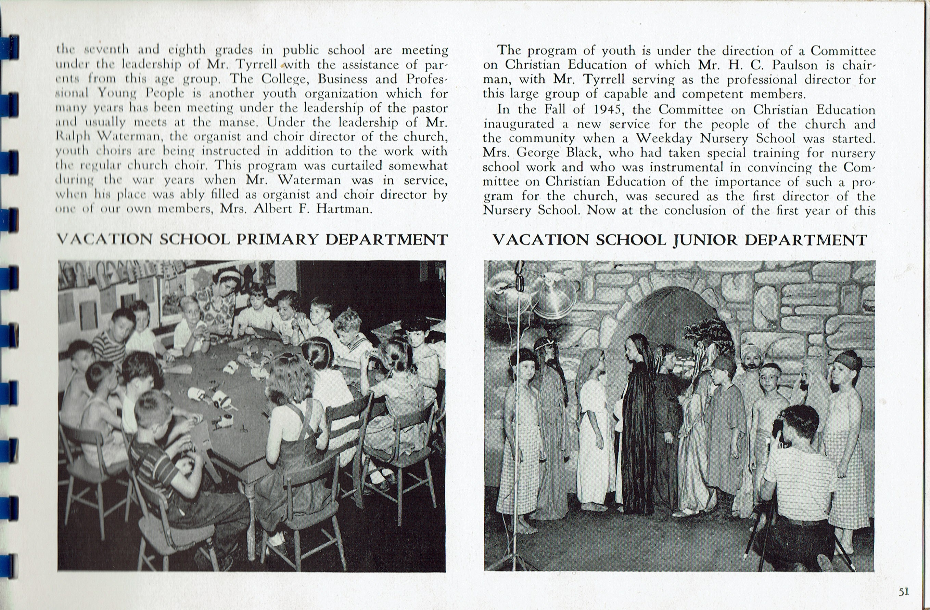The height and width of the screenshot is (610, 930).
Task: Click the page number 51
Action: coord(903,592)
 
